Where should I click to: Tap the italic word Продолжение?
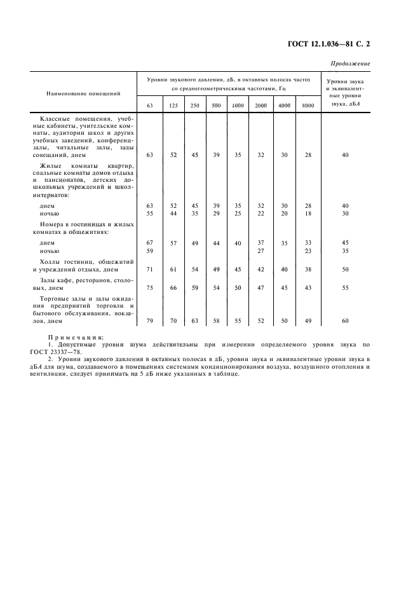pyautogui.click(x=350, y=64)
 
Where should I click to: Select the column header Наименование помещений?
pyautogui.click(x=83, y=93)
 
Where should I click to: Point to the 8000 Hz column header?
pyautogui.click(x=308, y=105)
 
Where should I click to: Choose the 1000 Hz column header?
pyautogui.click(x=238, y=105)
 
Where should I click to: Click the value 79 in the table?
pyautogui.click(x=150, y=321)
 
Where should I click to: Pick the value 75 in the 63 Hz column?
pyautogui.click(x=150, y=288)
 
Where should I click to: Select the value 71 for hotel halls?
pyautogui.click(x=150, y=270)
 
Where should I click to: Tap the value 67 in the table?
pyautogui.click(x=150, y=243)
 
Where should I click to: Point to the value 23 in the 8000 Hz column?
pyautogui.click(x=308, y=251)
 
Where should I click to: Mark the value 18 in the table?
pyautogui.click(x=308, y=214)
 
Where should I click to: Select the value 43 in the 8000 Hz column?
pyautogui.click(x=308, y=288)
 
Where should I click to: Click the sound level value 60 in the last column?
pyautogui.click(x=345, y=321)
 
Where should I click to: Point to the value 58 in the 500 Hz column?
pyautogui.click(x=216, y=321)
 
